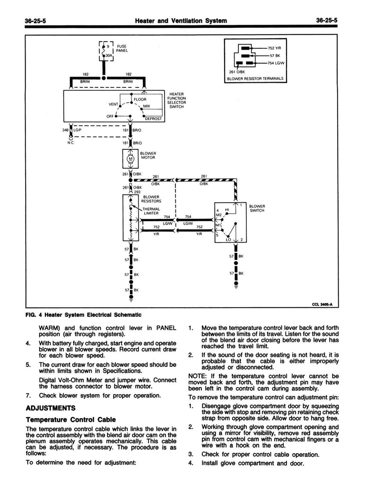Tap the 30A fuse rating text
point(108,56)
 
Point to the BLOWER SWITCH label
point(257,208)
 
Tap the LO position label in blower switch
point(228,240)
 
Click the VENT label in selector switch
point(113,104)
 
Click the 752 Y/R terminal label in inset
point(275,48)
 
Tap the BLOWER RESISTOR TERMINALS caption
point(254,78)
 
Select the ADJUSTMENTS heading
point(50,407)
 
